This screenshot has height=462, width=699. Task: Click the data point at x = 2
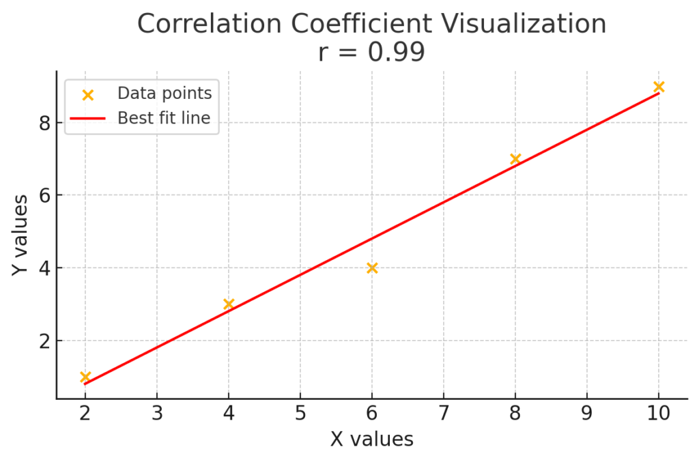(85, 377)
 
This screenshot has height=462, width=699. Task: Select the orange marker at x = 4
(229, 304)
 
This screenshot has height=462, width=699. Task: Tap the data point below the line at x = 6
(372, 268)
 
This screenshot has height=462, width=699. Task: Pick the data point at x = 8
(515, 159)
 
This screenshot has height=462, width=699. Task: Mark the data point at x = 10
(659, 87)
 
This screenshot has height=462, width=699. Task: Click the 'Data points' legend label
(164, 93)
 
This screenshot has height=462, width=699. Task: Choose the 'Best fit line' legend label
(164, 118)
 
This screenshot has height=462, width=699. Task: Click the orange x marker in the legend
(87, 94)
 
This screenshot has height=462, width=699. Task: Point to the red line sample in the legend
(87, 119)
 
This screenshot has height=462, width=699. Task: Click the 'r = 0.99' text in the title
(371, 52)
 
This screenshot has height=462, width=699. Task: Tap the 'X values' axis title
(372, 439)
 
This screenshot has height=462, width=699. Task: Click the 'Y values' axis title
(21, 235)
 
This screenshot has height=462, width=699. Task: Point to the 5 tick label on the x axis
(300, 414)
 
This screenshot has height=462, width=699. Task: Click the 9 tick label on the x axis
(587, 414)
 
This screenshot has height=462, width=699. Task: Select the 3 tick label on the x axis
(157, 414)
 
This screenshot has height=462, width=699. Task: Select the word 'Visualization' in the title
(530, 24)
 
